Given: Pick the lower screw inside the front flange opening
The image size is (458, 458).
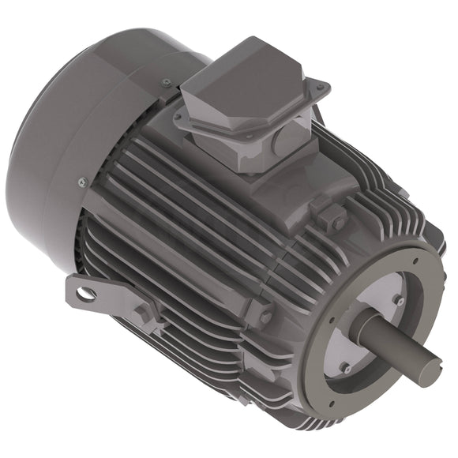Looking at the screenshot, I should click(x=346, y=368).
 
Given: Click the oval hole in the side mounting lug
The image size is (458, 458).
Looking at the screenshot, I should click(x=84, y=295).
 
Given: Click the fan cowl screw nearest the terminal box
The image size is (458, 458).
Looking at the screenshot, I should click(x=166, y=82).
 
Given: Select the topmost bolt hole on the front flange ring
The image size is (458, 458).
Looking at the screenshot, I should click(x=411, y=257).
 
